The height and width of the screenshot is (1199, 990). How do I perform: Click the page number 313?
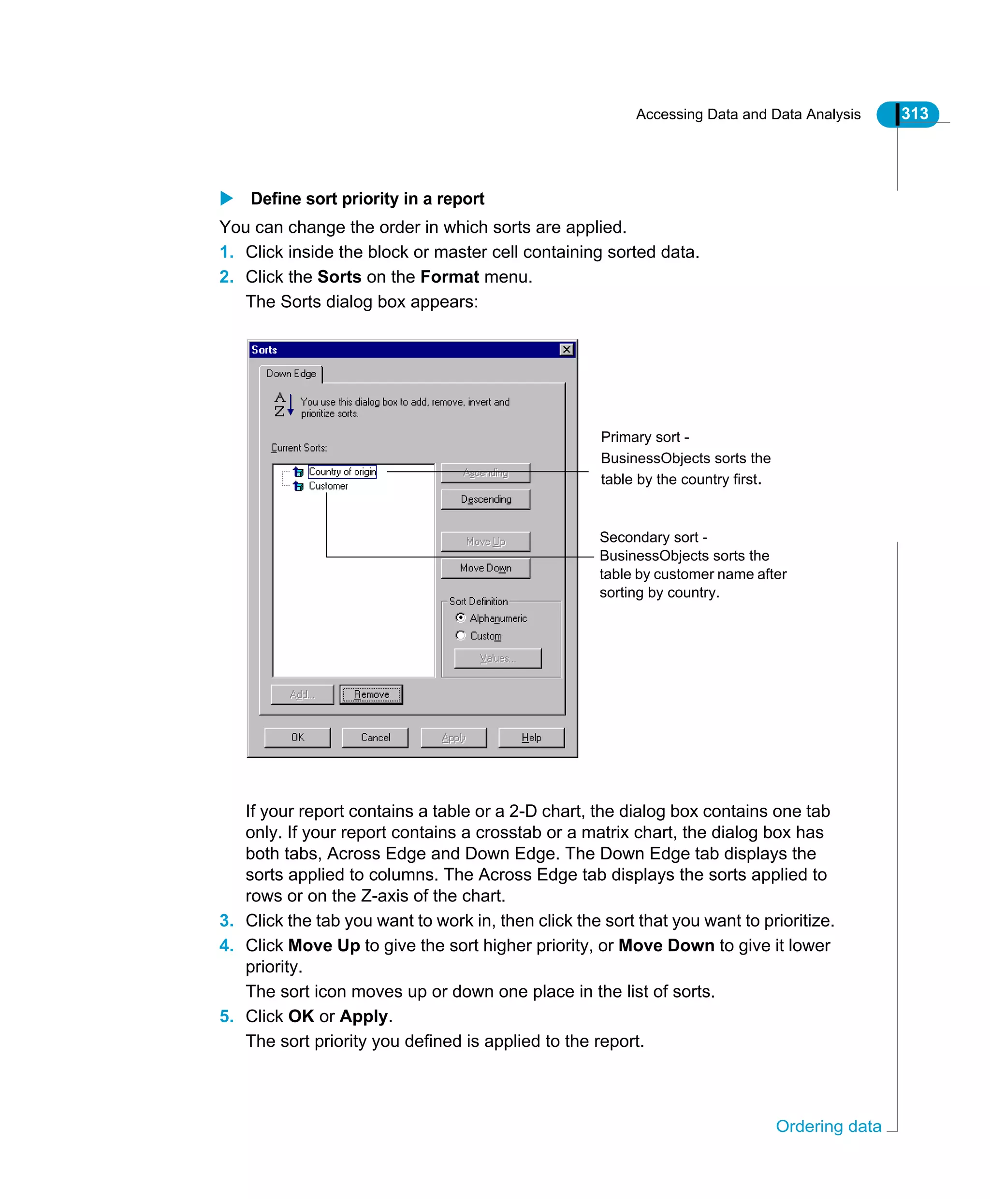[x=914, y=114]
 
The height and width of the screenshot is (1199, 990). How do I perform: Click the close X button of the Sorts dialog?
[x=566, y=349]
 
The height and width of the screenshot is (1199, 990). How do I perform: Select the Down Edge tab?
[x=291, y=374]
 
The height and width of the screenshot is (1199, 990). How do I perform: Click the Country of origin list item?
[x=342, y=472]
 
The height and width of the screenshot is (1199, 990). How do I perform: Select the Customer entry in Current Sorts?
[x=328, y=486]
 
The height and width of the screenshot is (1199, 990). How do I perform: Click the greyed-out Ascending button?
[x=485, y=473]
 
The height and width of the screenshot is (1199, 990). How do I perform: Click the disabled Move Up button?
[x=485, y=542]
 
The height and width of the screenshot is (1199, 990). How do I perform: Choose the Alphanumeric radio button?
[x=461, y=618]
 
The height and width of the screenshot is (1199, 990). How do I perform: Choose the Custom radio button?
[x=461, y=635]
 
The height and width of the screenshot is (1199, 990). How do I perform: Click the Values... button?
[x=497, y=658]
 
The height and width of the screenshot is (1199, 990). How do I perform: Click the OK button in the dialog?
[x=297, y=737]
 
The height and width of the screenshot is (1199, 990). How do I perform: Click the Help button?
[x=531, y=737]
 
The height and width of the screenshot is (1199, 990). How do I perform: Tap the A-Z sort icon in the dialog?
[x=283, y=405]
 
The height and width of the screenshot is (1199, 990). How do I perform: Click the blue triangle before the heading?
[x=226, y=199]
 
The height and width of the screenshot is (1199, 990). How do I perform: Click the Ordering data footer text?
[x=828, y=1127]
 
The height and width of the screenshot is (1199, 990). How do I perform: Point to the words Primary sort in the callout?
[x=641, y=437]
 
